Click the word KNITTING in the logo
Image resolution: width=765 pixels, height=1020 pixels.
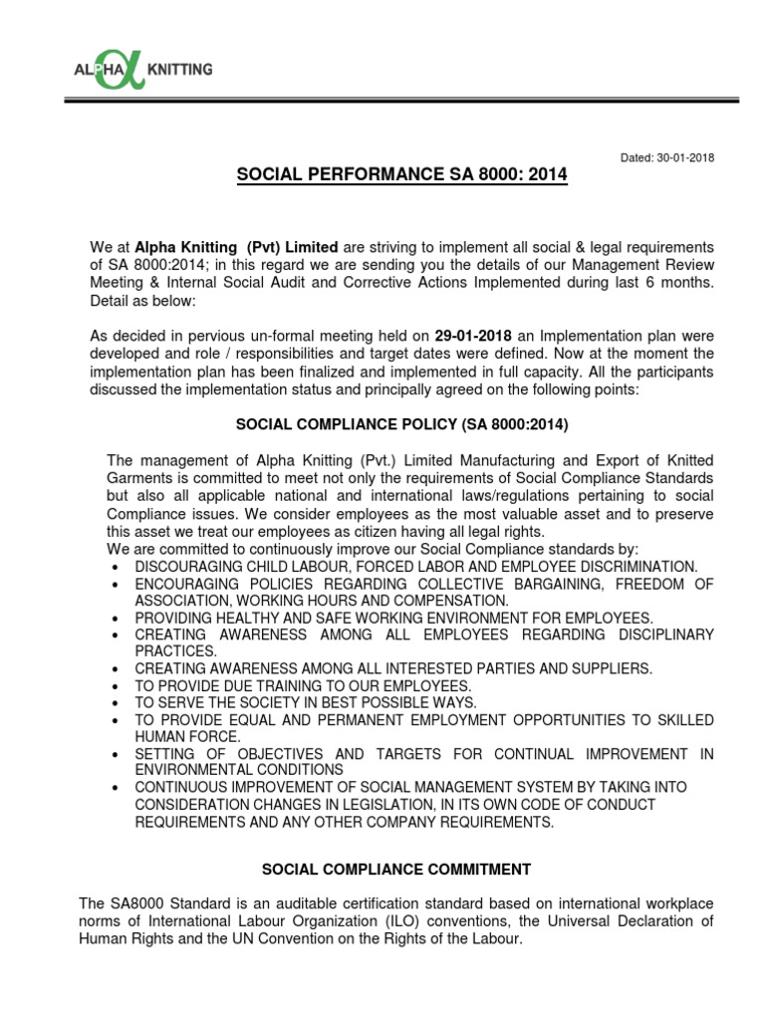179,70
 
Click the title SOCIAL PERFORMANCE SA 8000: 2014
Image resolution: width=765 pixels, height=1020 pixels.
401,175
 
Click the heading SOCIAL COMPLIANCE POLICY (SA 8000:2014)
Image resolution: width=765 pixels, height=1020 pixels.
401,424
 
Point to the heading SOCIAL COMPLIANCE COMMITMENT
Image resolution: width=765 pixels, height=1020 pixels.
401,870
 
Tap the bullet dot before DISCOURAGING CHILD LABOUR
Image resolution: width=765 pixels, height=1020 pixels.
118,566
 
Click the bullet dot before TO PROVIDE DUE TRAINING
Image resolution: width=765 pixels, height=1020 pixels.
118,687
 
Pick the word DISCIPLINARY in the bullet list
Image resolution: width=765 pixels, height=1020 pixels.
654,635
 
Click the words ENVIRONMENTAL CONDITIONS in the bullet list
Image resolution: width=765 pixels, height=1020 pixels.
239,771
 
